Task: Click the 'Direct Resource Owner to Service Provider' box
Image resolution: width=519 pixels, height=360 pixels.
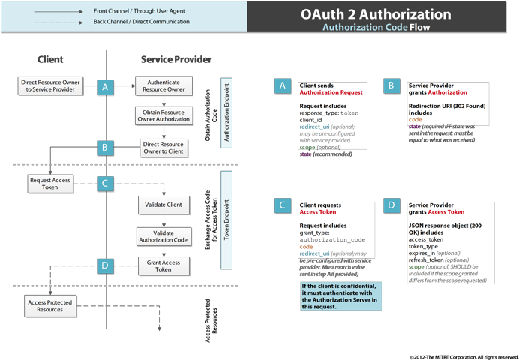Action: (50, 85)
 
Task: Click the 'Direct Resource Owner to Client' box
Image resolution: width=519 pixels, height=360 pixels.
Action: (163, 148)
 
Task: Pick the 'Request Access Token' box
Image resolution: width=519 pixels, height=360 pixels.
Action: (50, 184)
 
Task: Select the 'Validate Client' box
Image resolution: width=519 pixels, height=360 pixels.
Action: (163, 205)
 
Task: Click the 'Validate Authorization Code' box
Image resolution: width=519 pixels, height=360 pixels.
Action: (163, 237)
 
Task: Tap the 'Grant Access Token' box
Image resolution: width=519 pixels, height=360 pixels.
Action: (163, 265)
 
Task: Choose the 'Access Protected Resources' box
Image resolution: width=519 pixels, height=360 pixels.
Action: (50, 304)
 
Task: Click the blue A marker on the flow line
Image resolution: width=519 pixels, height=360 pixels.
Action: (106, 87)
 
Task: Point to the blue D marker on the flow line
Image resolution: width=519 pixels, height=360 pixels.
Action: (106, 265)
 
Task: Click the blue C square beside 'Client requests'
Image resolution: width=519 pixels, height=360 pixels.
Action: (283, 205)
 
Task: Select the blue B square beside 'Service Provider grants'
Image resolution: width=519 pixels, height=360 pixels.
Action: (391, 86)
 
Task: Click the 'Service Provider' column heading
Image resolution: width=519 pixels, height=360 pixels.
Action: (176, 59)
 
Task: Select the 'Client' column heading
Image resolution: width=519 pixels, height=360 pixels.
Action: (50, 59)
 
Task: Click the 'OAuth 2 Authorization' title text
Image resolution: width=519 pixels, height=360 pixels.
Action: (376, 14)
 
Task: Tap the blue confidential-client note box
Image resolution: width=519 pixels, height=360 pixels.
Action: (340, 295)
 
